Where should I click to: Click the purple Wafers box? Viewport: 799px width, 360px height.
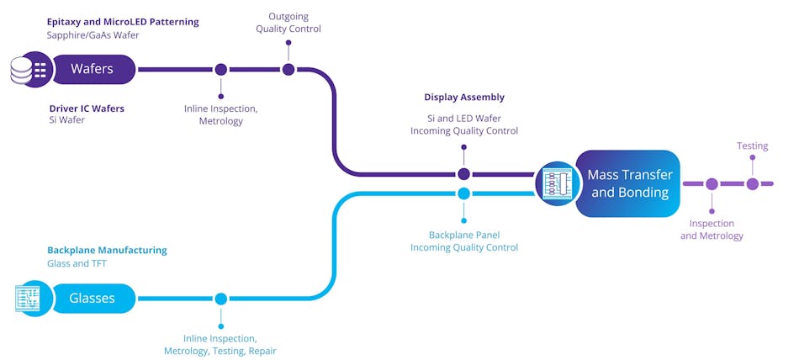93,69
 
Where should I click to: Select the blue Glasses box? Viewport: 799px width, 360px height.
93,299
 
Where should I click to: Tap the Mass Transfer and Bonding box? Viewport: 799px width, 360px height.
628,183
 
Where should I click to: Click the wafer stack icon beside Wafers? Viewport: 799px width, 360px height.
29,69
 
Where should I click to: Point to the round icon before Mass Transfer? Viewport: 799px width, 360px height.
555,183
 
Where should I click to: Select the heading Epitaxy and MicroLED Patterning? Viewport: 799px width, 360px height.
123,22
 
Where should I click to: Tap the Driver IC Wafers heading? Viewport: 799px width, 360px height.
87,108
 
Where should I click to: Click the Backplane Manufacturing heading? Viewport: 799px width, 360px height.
107,250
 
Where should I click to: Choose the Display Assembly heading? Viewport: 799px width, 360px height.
464,98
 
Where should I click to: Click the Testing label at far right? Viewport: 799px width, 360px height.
752,146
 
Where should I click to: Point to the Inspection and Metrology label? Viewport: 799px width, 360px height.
712,230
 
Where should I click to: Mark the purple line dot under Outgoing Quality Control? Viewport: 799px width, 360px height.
288,70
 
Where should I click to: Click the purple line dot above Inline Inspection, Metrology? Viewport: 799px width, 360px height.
220,70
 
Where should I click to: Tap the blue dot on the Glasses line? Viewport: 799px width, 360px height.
220,299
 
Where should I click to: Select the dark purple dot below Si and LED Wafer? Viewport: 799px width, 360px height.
463,174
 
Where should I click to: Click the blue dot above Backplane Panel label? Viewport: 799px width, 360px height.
463,193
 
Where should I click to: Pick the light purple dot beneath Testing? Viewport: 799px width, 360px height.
752,183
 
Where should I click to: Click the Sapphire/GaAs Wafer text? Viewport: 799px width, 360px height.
93,35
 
